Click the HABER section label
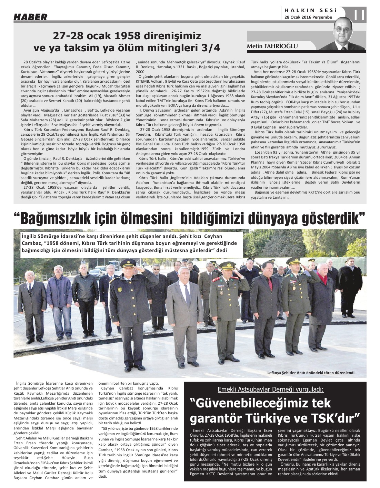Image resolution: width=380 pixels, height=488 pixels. (30, 17)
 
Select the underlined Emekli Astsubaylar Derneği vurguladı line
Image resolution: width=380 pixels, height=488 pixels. (271, 390)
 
